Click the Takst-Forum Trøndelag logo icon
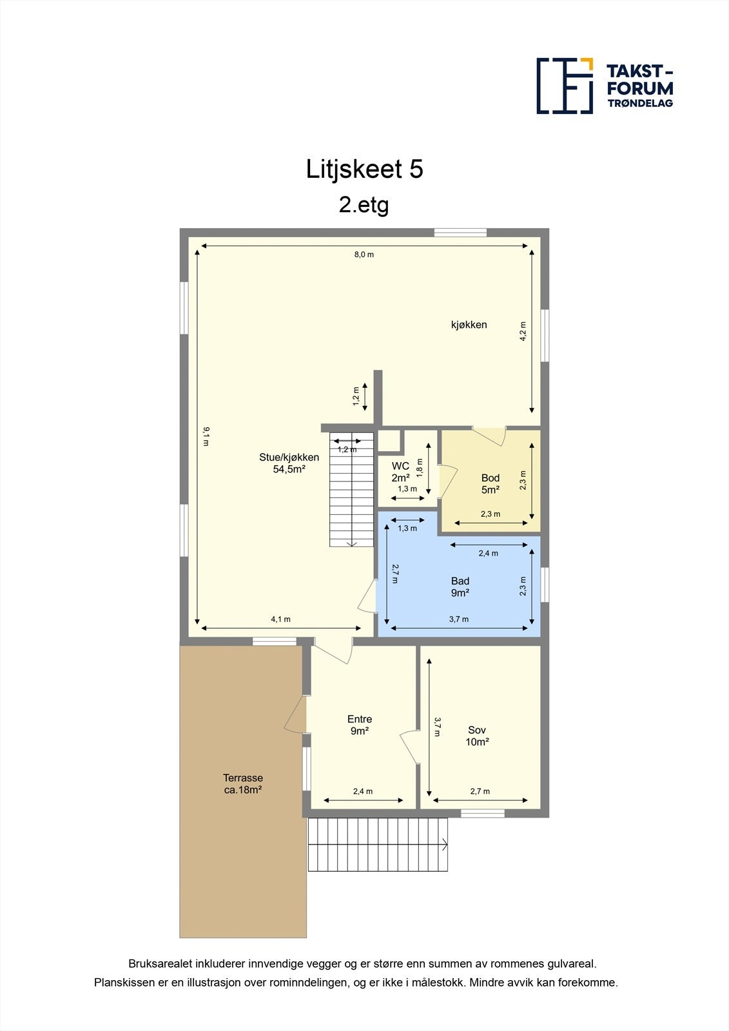point(565,86)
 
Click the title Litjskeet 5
point(364,169)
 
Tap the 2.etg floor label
point(364,205)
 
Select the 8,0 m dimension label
point(364,255)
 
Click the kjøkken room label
point(469,325)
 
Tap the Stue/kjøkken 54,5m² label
point(289,463)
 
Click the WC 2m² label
point(400,472)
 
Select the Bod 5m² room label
point(491,483)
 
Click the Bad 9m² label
point(460,586)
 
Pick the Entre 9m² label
point(360,725)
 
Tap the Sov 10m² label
point(477,736)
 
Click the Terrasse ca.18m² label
point(243,784)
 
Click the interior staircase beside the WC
point(352,490)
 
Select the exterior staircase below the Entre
point(378,844)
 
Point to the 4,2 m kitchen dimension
point(523,331)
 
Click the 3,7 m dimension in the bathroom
point(459,619)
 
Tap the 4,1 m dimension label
point(280,619)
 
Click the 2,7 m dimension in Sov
point(480,791)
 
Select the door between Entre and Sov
point(411,747)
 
